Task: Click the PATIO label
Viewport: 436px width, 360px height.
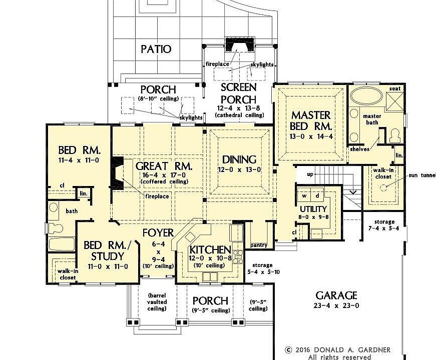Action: click(x=156, y=49)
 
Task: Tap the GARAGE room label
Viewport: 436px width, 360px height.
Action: click(x=336, y=295)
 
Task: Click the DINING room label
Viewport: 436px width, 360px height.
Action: click(x=239, y=159)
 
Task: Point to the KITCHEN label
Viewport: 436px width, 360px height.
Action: click(x=209, y=249)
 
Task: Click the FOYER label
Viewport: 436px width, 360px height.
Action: click(x=158, y=232)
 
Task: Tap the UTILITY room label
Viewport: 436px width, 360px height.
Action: click(x=313, y=209)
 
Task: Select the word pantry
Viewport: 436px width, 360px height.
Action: click(x=259, y=245)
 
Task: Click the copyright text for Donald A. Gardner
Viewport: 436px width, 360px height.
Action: click(x=338, y=350)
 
